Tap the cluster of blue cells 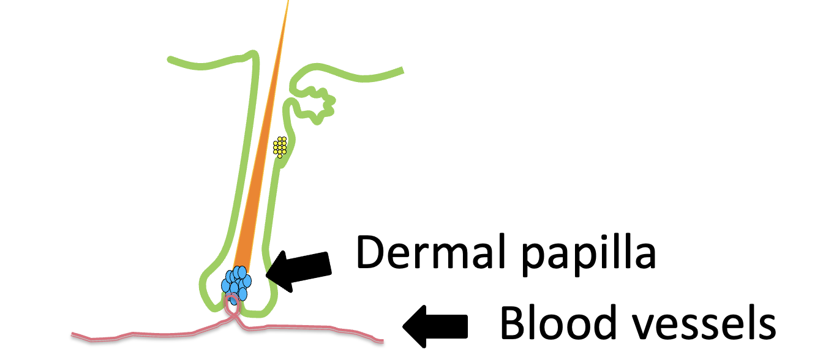[x=236, y=282]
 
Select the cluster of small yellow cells [x=280, y=146]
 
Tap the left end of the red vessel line [x=73, y=335]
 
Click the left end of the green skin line [x=170, y=59]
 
